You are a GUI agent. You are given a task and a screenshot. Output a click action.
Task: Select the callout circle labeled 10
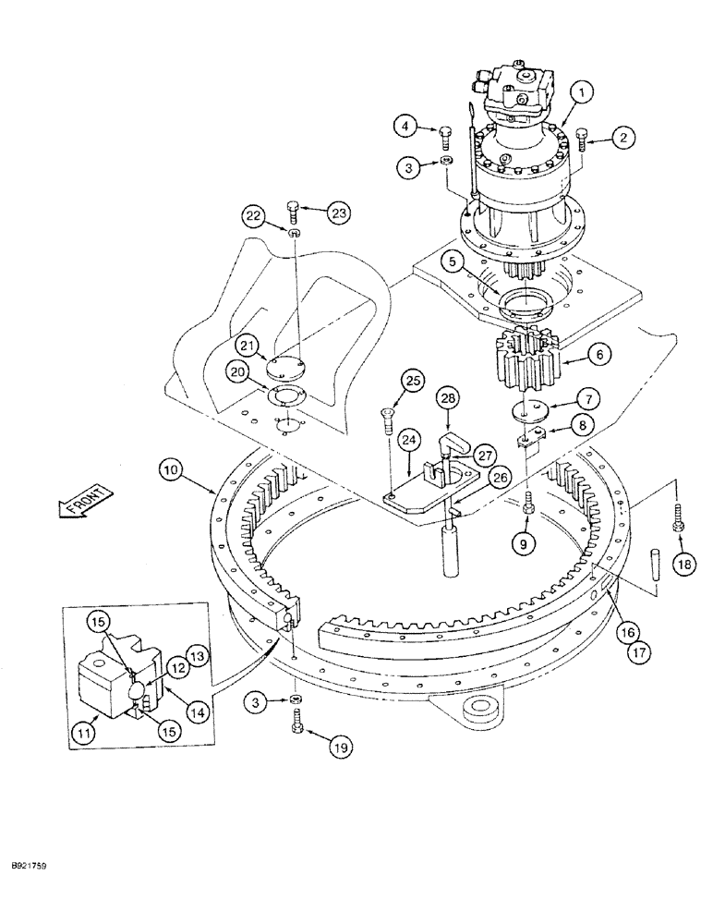(172, 470)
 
